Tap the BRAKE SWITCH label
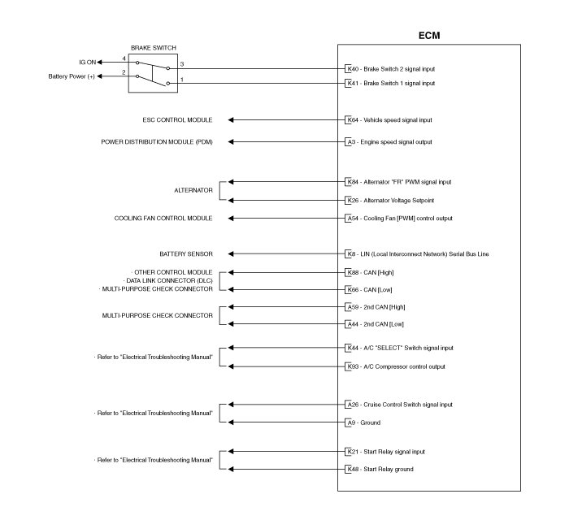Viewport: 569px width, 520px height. pos(153,48)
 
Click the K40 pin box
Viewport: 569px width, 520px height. pos(350,69)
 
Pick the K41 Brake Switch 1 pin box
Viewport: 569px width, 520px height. pos(350,83)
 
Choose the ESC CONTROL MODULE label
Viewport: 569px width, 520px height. pos(177,119)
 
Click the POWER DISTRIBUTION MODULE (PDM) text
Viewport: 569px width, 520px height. pos(157,141)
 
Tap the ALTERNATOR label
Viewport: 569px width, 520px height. pos(193,190)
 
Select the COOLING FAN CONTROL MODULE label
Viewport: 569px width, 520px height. pos(163,218)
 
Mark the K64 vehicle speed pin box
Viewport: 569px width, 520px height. pos(350,119)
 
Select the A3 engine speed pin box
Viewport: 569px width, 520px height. pos(350,141)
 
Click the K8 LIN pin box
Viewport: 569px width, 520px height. pos(349,253)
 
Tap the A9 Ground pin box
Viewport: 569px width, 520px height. pos(350,422)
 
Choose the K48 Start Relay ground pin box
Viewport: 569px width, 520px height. pos(350,470)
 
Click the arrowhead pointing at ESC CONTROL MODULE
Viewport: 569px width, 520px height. pos(232,119)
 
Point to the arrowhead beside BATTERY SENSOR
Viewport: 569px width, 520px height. pos(232,253)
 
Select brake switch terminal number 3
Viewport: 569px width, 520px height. pos(181,63)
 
